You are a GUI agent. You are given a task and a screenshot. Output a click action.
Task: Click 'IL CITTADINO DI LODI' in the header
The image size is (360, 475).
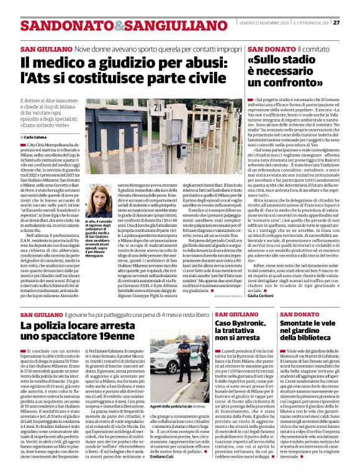(313, 23)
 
